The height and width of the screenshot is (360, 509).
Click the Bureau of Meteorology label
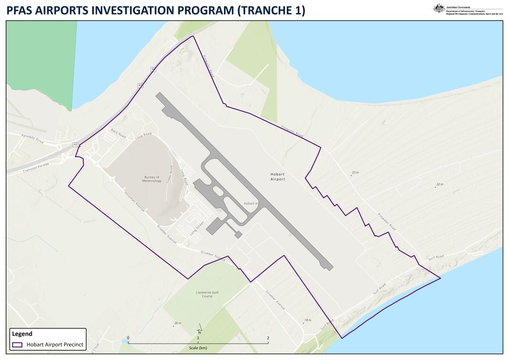(x=152, y=179)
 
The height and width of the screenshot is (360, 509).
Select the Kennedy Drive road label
(x=33, y=139)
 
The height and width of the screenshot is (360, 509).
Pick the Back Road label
(x=118, y=133)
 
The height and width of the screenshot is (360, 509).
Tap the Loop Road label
(x=143, y=136)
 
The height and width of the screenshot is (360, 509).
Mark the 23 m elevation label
(x=355, y=173)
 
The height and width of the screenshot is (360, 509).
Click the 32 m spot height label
(x=439, y=184)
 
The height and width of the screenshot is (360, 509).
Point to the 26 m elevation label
(x=177, y=323)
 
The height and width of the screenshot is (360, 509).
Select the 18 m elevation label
(x=307, y=320)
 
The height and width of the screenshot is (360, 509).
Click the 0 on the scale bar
(x=128, y=338)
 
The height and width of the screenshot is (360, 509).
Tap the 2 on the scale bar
(x=268, y=338)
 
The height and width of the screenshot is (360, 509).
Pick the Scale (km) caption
(x=198, y=348)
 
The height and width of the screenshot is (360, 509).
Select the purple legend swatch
(x=18, y=345)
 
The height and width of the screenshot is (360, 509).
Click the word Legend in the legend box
(x=22, y=334)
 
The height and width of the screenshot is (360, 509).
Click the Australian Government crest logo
(x=438, y=8)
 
